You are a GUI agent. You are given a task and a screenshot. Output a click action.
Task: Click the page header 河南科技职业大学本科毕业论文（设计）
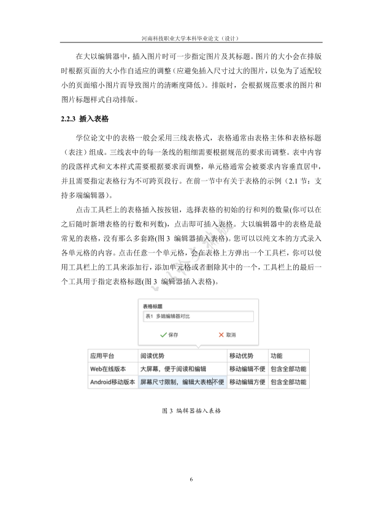182,37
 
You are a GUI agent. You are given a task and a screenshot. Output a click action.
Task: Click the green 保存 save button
172,335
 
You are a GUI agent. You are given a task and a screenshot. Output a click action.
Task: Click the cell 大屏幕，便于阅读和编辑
173,368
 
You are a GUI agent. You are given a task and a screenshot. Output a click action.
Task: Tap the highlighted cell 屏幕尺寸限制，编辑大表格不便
182,381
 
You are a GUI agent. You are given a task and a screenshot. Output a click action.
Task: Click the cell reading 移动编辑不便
247,368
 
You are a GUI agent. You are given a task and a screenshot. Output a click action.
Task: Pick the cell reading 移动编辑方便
247,381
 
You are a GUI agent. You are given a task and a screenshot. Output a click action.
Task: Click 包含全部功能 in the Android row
288,381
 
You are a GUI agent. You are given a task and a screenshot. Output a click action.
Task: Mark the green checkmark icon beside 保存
163,335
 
